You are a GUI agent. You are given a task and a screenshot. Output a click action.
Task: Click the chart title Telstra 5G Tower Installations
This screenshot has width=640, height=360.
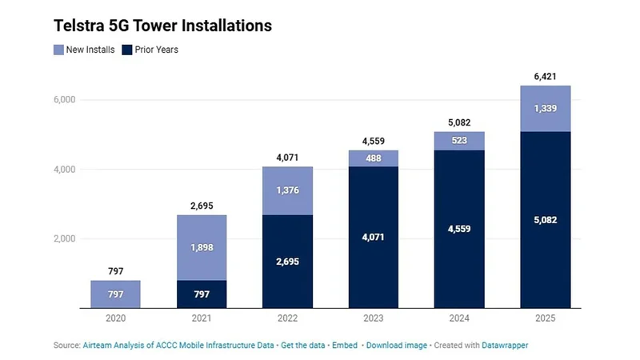[x=162, y=26]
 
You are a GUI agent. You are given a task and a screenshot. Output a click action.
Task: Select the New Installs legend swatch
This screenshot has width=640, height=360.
[x=59, y=50]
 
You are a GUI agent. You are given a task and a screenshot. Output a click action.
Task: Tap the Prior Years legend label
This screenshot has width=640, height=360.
[x=156, y=50]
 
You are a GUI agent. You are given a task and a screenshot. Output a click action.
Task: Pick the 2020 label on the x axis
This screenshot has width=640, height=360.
[x=115, y=318]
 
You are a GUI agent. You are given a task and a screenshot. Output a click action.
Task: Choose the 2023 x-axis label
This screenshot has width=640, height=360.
[x=373, y=318]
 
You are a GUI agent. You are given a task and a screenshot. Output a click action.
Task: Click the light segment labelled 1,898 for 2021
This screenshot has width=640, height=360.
[x=201, y=247]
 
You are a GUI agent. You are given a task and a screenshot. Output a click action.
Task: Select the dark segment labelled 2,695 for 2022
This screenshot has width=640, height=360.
[x=287, y=262]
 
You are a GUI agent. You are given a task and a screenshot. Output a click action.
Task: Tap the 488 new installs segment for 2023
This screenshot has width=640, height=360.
[x=373, y=158]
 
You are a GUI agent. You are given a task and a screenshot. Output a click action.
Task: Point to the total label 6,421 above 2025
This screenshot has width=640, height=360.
[x=545, y=76]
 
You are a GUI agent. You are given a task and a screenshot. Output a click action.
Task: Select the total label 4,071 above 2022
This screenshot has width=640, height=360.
[x=287, y=158]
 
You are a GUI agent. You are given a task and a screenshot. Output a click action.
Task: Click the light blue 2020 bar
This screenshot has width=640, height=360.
[x=115, y=294]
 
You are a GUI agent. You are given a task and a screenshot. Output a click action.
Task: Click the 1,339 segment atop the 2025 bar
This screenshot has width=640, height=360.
[x=545, y=109]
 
